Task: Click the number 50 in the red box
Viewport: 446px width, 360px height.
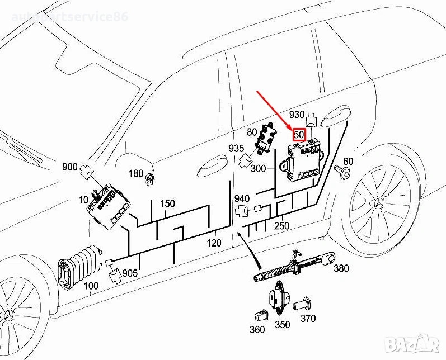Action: (x=299, y=135)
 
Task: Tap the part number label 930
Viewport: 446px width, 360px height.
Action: (x=297, y=115)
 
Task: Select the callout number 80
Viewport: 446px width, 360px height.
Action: (x=252, y=132)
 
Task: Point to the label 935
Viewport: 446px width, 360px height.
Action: (x=236, y=149)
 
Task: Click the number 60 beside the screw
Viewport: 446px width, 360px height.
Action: (x=348, y=162)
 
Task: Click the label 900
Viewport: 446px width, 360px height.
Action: (x=69, y=167)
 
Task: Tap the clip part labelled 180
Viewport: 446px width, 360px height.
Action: (x=149, y=179)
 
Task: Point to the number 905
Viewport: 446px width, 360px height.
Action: (x=130, y=273)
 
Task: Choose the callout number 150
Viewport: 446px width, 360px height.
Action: (x=167, y=204)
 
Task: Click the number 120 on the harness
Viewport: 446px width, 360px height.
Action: (x=214, y=243)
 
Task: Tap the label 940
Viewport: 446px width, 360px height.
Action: (x=242, y=199)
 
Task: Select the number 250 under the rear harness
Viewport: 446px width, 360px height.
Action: (x=281, y=225)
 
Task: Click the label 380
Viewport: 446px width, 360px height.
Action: (x=341, y=268)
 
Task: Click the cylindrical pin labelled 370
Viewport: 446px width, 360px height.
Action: (x=306, y=305)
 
